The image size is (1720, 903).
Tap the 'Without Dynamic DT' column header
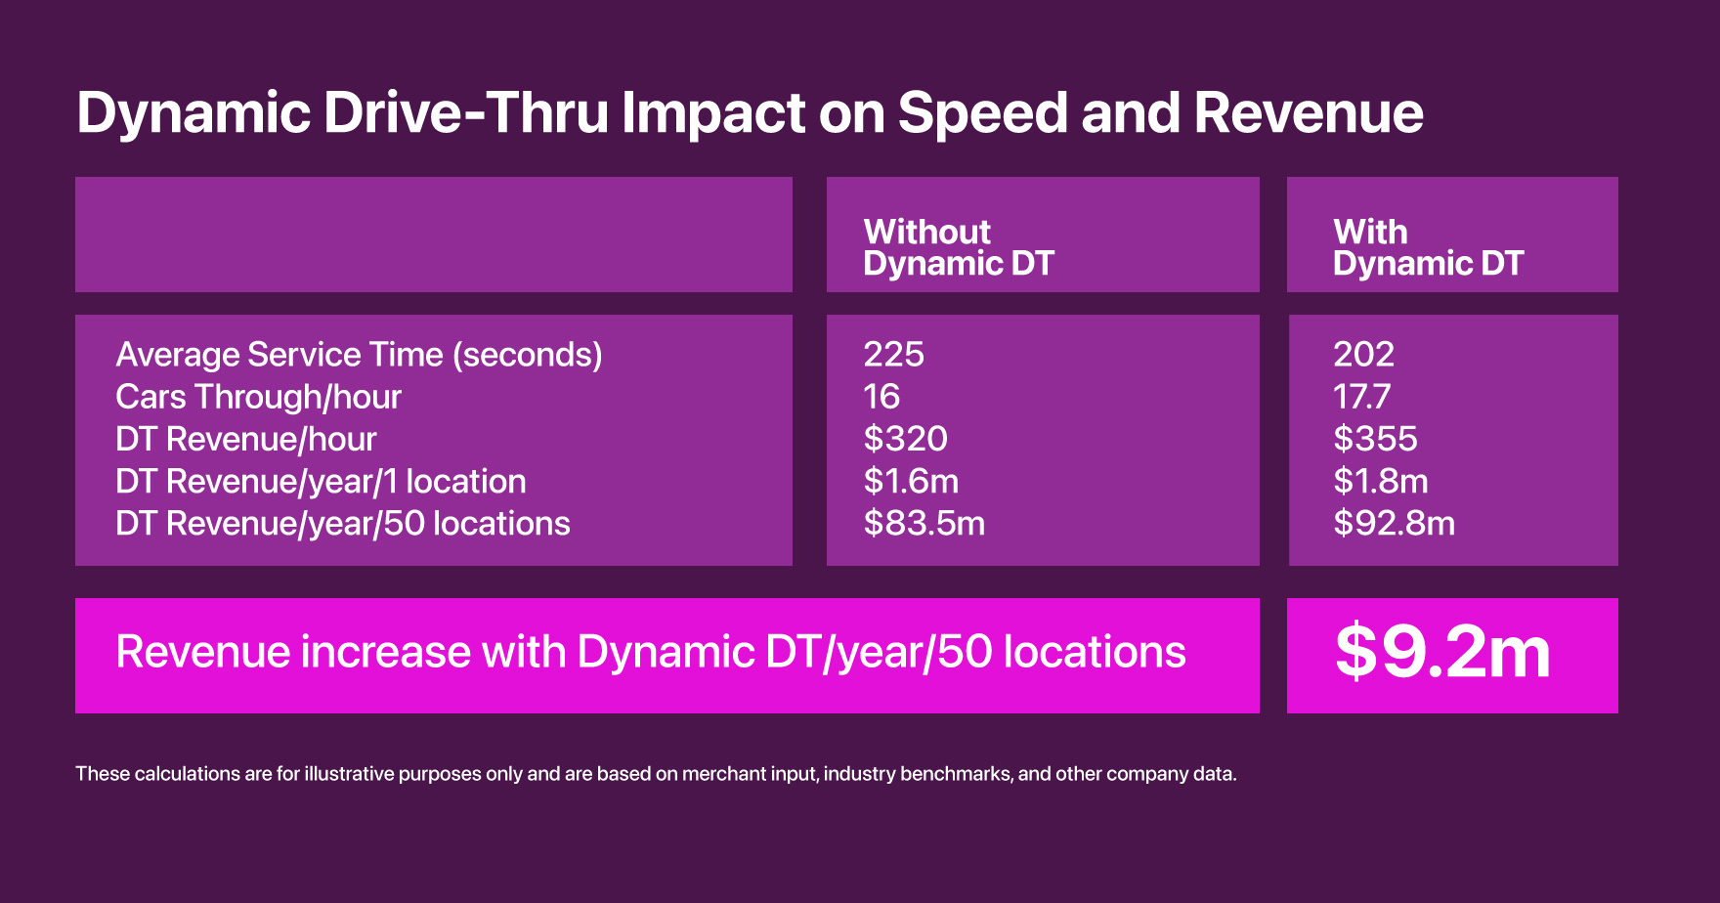958,247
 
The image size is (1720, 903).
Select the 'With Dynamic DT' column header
1428,247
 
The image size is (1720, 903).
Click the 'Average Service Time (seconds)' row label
359,354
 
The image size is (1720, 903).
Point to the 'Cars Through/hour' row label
258,397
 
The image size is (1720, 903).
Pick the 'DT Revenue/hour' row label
245,439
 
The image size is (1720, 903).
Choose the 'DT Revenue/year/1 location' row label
321,481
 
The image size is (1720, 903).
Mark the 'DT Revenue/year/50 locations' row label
342,524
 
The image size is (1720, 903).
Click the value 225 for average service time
893,354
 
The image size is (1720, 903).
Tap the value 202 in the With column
1363,354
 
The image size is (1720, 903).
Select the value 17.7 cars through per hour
1361,397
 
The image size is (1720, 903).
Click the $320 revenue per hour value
905,439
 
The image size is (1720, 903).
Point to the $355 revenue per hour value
1375,439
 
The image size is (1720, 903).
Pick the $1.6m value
911,481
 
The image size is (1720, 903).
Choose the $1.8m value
1381,481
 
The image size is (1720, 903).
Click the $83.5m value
924,524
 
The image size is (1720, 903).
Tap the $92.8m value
1394,524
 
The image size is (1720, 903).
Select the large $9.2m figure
1442,653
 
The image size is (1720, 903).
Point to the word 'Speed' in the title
983,112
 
